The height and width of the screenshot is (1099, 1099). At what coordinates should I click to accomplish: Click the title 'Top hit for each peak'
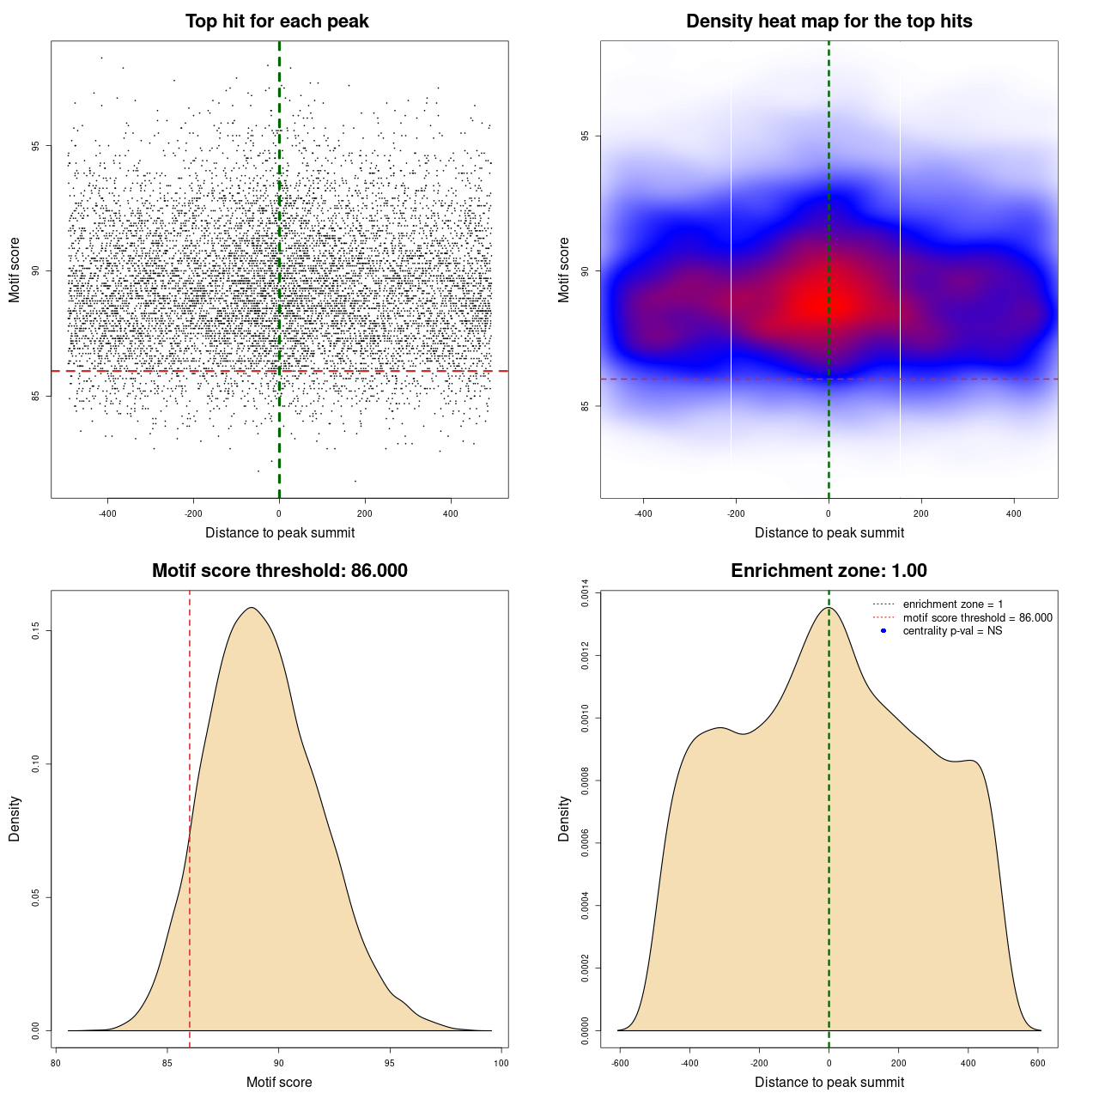tap(276, 21)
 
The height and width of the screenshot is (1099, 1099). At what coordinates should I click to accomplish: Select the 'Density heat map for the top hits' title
tap(829, 21)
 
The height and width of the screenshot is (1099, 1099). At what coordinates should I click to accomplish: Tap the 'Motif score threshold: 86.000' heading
tap(279, 571)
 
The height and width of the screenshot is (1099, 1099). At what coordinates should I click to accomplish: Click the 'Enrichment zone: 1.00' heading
tap(829, 571)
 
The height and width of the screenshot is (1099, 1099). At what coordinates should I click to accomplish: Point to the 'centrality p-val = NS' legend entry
tap(952, 631)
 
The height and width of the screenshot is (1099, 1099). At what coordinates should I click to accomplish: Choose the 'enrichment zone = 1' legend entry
tap(952, 604)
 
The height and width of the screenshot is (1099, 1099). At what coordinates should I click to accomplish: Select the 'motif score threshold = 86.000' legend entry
tap(977, 618)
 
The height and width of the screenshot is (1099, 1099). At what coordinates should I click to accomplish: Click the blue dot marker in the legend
tap(883, 631)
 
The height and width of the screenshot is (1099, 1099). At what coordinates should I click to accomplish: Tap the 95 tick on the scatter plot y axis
tap(35, 145)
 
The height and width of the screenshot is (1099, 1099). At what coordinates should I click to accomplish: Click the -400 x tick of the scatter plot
tap(107, 514)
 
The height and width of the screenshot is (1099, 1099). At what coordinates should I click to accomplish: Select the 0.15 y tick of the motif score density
tap(35, 631)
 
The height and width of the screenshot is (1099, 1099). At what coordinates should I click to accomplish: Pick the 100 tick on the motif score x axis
tap(501, 1063)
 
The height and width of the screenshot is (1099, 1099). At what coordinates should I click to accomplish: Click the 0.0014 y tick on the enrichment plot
tap(585, 593)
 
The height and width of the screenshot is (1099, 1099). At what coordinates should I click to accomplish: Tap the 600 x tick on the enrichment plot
tap(1038, 1063)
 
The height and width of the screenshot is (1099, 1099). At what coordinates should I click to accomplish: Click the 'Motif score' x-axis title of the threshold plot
tap(279, 1082)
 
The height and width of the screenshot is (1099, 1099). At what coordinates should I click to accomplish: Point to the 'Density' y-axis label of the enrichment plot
tap(564, 818)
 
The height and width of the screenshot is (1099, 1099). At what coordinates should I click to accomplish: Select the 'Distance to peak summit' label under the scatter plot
tap(280, 532)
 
